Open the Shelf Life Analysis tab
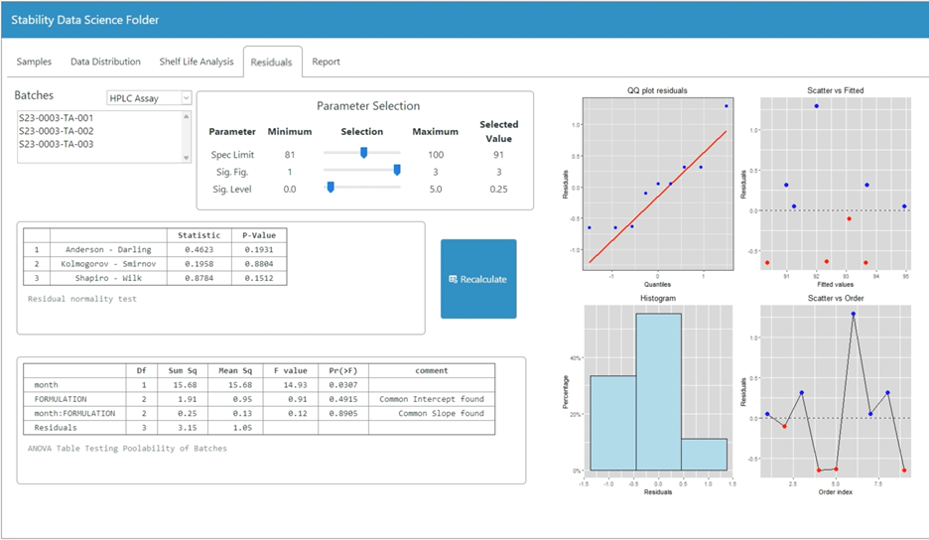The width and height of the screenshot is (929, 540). [197, 62]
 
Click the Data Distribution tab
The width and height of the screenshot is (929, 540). [105, 62]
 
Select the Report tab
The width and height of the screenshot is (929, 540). [326, 62]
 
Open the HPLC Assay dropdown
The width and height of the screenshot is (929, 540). [149, 97]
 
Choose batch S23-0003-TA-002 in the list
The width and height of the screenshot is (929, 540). [57, 131]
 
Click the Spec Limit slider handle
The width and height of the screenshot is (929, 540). [363, 153]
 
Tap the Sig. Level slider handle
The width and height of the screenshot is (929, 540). [330, 188]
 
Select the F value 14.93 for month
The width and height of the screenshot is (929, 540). [290, 384]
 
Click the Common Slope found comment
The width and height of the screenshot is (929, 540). [432, 413]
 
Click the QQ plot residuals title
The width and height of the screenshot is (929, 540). [657, 90]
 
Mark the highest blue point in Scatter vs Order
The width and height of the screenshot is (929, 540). [853, 314]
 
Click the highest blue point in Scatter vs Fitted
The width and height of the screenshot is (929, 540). [816, 106]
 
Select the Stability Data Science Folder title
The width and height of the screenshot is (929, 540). [84, 20]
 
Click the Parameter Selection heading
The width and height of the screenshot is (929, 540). [367, 106]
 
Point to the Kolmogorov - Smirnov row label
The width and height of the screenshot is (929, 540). [106, 264]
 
